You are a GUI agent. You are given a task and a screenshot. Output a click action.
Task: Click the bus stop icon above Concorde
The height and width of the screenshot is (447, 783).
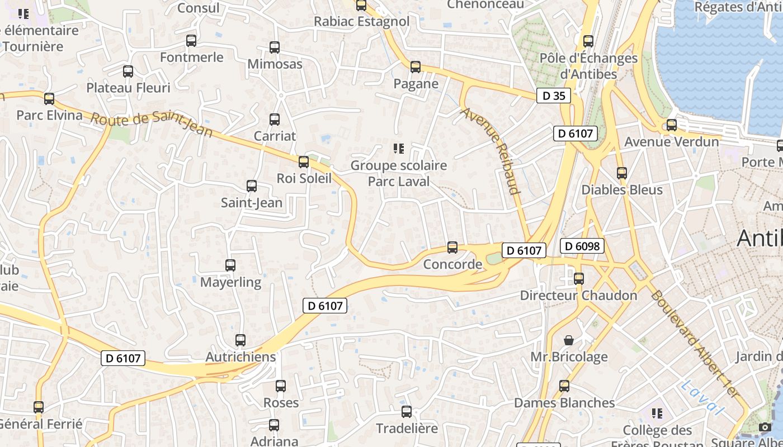point(452,247)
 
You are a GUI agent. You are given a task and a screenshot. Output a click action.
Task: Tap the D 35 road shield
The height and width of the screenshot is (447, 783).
point(554,96)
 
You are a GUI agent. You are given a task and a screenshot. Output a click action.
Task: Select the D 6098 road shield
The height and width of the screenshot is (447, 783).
point(582,246)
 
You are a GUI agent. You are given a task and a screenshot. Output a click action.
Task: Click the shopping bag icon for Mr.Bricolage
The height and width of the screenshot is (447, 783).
point(569,340)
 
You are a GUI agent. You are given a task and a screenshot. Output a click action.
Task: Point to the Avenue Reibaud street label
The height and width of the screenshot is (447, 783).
point(490,151)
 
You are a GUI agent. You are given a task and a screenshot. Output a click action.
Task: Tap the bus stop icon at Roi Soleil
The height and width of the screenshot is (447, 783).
point(304,162)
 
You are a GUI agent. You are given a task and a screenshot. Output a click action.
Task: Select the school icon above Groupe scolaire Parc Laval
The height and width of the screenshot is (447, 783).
point(398,149)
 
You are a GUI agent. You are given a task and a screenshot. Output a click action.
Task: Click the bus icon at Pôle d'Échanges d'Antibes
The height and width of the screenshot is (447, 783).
point(588,41)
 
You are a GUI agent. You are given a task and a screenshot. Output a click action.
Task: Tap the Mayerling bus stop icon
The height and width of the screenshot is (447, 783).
point(230,265)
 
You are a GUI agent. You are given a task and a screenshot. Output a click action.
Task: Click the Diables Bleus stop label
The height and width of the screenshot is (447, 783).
point(622,189)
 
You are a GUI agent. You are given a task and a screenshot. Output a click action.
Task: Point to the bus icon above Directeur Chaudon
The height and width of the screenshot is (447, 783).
point(579,278)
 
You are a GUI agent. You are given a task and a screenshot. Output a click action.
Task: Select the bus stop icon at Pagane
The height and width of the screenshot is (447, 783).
point(416,67)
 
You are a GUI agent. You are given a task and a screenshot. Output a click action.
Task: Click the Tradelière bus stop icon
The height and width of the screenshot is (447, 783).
point(407,412)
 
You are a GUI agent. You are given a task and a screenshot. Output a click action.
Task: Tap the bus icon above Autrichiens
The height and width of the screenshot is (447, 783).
point(240,340)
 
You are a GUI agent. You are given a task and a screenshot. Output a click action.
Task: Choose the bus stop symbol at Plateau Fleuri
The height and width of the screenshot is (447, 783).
point(128,71)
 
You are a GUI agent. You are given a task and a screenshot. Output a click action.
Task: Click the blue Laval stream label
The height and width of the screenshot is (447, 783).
point(703,397)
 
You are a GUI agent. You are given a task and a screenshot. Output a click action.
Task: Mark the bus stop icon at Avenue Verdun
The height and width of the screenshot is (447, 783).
point(672,125)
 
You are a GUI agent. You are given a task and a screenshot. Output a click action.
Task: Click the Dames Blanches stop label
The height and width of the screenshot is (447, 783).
point(564,403)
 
